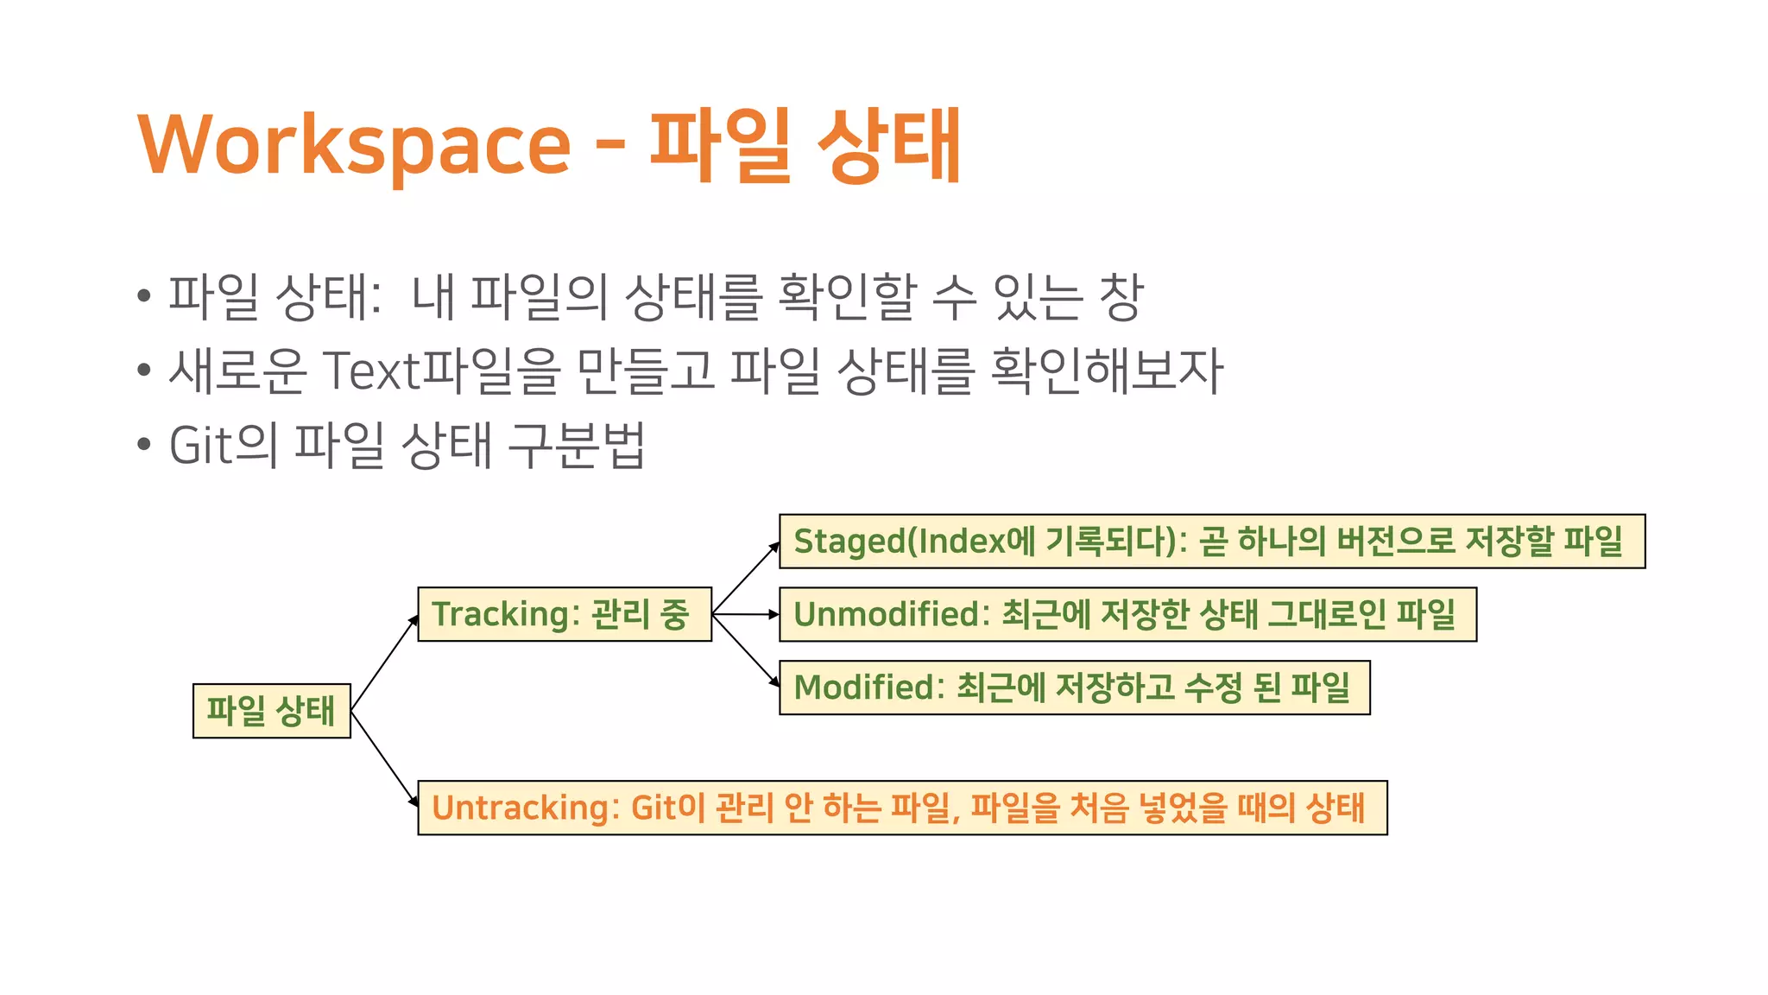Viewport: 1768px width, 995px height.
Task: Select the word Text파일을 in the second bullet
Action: coord(441,371)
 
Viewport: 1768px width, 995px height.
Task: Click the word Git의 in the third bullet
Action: coord(223,446)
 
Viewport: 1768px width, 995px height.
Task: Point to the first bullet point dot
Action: coord(144,296)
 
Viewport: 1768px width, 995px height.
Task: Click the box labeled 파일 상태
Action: coord(271,711)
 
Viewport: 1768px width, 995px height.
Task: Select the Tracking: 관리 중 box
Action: coord(565,614)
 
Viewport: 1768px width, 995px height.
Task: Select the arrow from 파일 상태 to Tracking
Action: coord(385,662)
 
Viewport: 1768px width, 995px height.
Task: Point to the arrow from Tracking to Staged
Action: coord(746,578)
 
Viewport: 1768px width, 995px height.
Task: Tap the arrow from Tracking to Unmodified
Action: coord(746,614)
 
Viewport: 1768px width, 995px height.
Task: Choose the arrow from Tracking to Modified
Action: coord(746,650)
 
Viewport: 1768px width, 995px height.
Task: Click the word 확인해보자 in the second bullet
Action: coord(1107,371)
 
